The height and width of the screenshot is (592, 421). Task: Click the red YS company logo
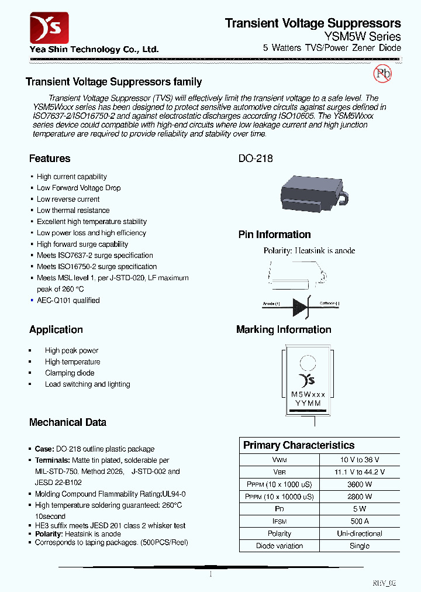coord(49,27)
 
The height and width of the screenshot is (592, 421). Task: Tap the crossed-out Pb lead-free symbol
coord(382,73)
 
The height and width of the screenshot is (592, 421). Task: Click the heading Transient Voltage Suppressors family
coord(114,82)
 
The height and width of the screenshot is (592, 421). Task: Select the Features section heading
coord(50,159)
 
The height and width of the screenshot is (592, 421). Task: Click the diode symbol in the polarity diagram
coord(302,305)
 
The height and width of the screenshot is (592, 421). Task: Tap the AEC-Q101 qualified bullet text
coord(68,300)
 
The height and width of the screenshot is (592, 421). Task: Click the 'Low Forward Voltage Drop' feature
coord(78,188)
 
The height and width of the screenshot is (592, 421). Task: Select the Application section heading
coord(56,329)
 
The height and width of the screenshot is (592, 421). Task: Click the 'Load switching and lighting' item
coord(87,384)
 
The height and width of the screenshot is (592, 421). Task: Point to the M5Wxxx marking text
coord(308,395)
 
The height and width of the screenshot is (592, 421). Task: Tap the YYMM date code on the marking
coord(308,404)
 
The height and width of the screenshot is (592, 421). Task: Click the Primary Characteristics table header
coord(299,445)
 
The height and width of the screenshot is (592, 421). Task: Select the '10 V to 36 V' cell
coord(359,460)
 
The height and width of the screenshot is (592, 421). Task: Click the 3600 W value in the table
coord(359,484)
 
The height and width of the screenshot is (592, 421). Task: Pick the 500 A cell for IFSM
coord(359,521)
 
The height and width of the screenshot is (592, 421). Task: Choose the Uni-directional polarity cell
coord(359,534)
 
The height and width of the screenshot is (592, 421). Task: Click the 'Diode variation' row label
coord(279,546)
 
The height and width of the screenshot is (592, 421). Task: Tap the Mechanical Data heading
coord(68,422)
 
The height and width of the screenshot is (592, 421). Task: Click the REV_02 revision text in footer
coord(384,583)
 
